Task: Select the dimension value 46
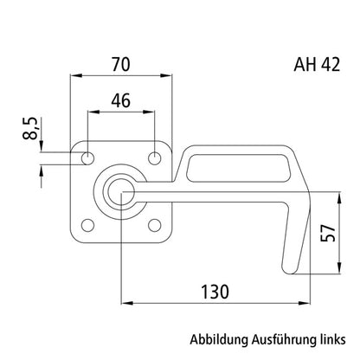(122, 100)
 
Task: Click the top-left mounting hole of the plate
(87, 158)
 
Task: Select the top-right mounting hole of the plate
(156, 158)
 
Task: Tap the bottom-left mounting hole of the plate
(87, 226)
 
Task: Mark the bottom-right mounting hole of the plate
(156, 226)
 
